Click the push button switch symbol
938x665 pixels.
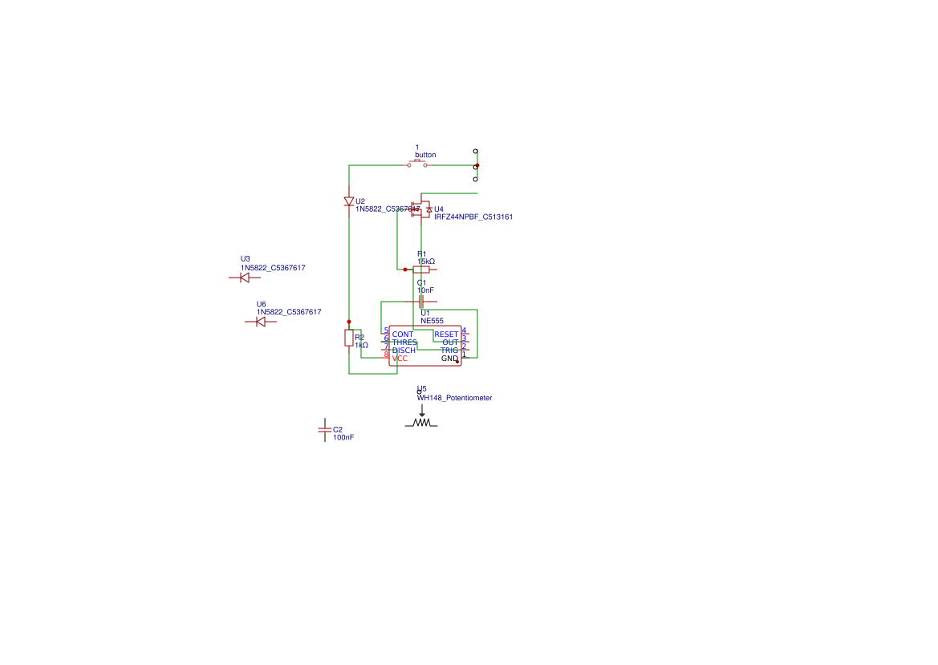[x=417, y=164]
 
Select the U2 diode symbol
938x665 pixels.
[x=349, y=201]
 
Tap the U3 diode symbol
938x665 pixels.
[x=245, y=278]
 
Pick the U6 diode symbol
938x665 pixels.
[x=260, y=322]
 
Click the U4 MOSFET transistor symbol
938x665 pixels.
[x=422, y=209]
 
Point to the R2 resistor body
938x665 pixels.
[x=349, y=338]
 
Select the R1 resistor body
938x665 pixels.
[x=420, y=270]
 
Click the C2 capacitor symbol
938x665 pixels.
[x=324, y=430]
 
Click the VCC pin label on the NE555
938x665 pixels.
[x=400, y=359]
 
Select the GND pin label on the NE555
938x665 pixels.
[x=449, y=359]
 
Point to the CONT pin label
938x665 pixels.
[x=403, y=335]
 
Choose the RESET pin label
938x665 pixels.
[x=446, y=335]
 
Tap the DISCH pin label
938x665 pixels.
[x=404, y=351]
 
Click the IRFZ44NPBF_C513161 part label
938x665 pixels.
[x=473, y=217]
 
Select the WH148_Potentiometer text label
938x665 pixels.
[x=454, y=398]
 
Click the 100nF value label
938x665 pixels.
[x=343, y=438]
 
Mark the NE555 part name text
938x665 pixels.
[x=432, y=320]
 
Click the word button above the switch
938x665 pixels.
[x=425, y=155]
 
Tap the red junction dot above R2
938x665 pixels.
[x=349, y=320]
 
